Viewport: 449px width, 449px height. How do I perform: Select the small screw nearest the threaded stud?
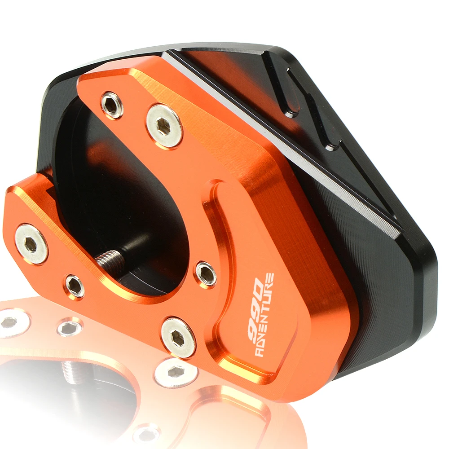pyautogui.click(x=75, y=286)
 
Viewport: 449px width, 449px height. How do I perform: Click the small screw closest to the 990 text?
pyautogui.click(x=206, y=273)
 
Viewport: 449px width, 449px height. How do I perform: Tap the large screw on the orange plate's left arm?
pyautogui.click(x=31, y=244)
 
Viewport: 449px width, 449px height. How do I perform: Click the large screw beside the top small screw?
pyautogui.click(x=164, y=126)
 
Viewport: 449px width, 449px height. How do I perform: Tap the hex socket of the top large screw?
pyautogui.click(x=164, y=126)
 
